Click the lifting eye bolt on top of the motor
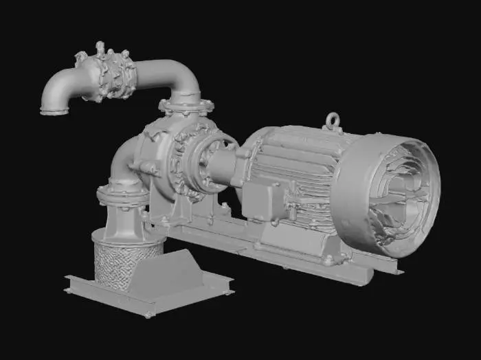(333, 122)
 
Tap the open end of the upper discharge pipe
(54, 109)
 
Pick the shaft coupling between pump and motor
(219, 167)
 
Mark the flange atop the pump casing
(186, 106)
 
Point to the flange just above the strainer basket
(122, 194)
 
